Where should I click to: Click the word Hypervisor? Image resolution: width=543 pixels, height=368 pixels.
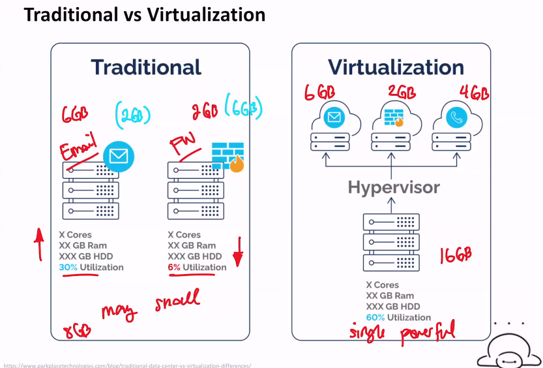394,188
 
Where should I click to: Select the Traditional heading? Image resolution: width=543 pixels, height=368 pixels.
146,67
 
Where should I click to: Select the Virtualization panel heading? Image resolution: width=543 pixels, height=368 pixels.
396,67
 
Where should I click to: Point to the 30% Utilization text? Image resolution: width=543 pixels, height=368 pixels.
91,268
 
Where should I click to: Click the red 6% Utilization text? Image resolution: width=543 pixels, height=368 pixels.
197,268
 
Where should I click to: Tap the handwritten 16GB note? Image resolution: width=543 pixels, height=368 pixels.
455,254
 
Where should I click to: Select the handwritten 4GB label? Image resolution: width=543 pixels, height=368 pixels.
474,93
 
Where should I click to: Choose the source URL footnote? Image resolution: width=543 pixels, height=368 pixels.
126,365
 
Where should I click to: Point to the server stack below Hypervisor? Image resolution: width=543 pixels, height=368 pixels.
390,242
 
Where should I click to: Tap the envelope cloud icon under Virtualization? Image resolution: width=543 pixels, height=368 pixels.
334,117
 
